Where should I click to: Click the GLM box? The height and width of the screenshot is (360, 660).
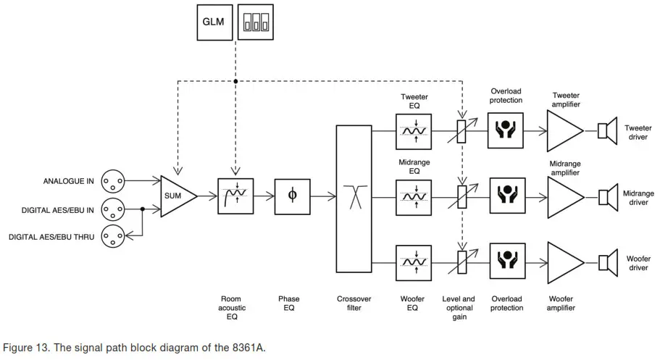click(x=214, y=22)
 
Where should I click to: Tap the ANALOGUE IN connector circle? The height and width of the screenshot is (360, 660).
click(x=113, y=181)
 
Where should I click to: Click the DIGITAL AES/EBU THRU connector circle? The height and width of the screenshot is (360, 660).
click(x=113, y=236)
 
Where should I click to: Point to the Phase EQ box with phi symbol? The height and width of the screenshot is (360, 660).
click(x=293, y=196)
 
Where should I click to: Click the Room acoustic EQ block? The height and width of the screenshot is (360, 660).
click(x=235, y=196)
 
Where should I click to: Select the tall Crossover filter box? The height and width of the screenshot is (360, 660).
click(x=354, y=198)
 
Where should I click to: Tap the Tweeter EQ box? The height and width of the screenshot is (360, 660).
click(x=414, y=131)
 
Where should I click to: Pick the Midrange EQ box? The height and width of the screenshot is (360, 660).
click(x=414, y=198)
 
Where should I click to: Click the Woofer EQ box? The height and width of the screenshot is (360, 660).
click(x=414, y=263)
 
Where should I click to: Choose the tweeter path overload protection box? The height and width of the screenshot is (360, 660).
click(x=506, y=130)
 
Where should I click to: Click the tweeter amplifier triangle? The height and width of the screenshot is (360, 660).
click(x=565, y=131)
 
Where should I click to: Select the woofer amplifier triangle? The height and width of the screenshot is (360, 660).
click(x=566, y=263)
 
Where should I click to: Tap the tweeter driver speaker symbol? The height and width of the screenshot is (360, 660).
click(x=607, y=131)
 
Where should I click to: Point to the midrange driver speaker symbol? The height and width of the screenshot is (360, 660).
click(x=608, y=198)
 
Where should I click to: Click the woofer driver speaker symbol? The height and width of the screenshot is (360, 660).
click(x=608, y=263)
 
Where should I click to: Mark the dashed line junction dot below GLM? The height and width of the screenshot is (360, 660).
click(x=235, y=81)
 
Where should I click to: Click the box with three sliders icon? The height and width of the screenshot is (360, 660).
click(x=256, y=22)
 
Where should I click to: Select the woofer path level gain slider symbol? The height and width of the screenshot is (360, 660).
click(x=462, y=262)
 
